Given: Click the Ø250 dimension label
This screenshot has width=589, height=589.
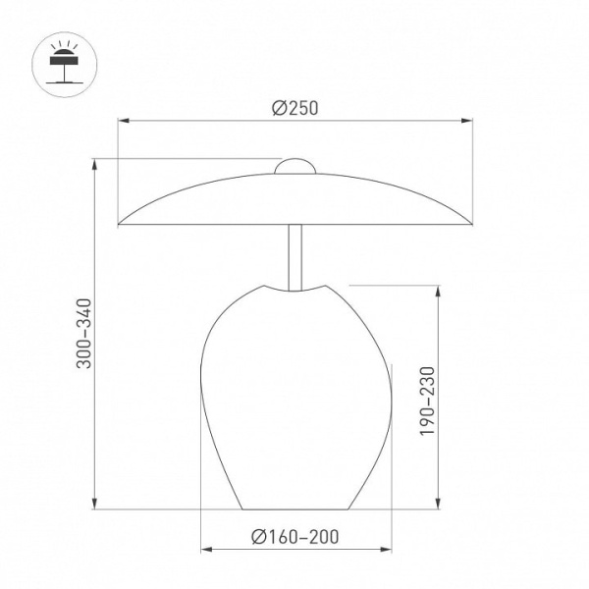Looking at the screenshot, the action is [294, 108].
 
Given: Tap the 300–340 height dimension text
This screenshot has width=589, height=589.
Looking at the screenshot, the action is [83, 334].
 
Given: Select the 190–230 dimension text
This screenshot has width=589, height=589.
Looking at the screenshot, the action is [427, 402].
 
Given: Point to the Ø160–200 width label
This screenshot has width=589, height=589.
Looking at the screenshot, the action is [294, 537].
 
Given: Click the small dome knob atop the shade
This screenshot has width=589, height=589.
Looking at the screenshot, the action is [295, 166].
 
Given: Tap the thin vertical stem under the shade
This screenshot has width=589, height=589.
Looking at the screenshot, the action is [294, 257].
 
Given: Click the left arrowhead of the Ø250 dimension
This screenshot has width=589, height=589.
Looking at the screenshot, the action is [124, 121].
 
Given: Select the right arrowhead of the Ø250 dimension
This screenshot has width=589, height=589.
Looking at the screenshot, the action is [466, 121].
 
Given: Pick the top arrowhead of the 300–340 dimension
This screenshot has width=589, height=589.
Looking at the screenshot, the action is [95, 165].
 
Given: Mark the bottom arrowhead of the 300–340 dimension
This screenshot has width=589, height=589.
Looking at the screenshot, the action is [95, 504].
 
